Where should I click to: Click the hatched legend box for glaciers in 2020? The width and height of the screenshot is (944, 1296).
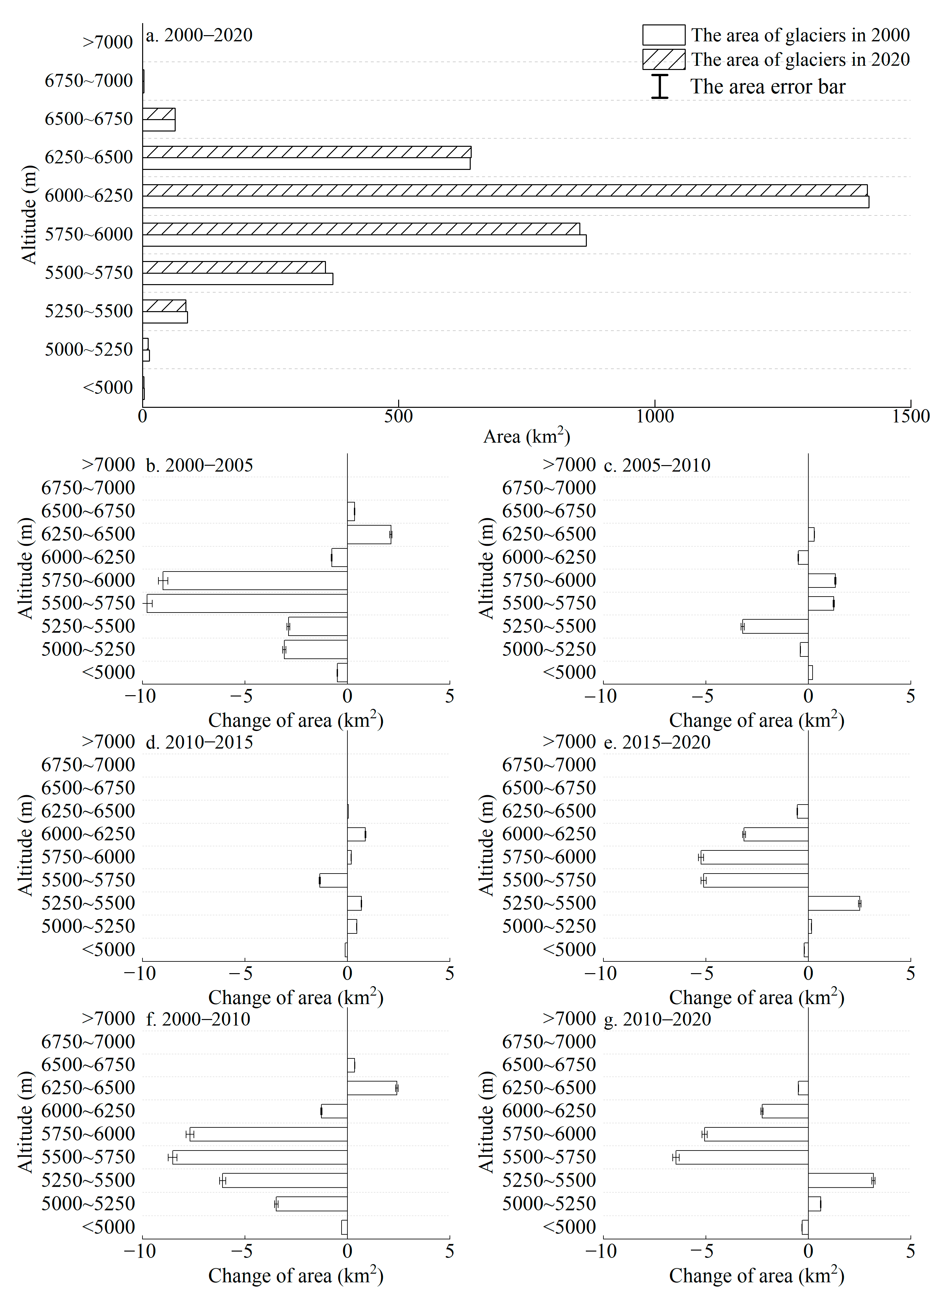[663, 60]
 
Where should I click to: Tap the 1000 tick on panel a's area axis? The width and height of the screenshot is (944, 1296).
[655, 416]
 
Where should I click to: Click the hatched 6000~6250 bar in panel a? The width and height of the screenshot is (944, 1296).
[505, 190]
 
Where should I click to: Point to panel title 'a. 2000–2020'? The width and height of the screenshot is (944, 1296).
[199, 35]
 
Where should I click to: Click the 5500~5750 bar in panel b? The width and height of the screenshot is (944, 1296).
[247, 603]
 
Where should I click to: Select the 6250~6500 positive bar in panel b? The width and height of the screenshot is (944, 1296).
[369, 534]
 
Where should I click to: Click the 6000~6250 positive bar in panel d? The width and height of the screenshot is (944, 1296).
[356, 834]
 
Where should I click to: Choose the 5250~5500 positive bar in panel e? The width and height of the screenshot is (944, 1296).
[834, 903]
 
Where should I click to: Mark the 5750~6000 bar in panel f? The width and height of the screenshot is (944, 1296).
[269, 1134]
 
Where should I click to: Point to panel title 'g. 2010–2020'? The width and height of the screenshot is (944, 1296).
[657, 1019]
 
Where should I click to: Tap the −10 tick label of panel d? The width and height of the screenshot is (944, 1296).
[140, 973]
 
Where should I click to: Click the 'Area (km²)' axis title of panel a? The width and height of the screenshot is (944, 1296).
[526, 437]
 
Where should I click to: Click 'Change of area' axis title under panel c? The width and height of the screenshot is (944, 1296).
[756, 720]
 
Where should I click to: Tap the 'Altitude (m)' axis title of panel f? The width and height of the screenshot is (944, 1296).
[26, 1122]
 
